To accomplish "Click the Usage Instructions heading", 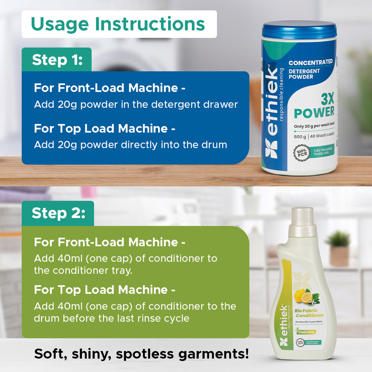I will (118, 24).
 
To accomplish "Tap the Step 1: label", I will (57, 60).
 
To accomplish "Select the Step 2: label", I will (58, 214).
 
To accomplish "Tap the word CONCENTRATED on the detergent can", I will (311, 63).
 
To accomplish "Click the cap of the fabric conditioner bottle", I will (302, 222).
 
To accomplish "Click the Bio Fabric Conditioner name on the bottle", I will (309, 313).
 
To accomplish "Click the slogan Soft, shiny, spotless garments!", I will (141, 354).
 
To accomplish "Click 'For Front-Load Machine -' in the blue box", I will (110, 88).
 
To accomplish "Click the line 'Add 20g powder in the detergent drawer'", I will (136, 105).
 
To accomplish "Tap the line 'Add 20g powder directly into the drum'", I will (130, 145).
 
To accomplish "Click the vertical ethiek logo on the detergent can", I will (273, 112).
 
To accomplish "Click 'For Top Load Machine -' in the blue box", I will (105, 128).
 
